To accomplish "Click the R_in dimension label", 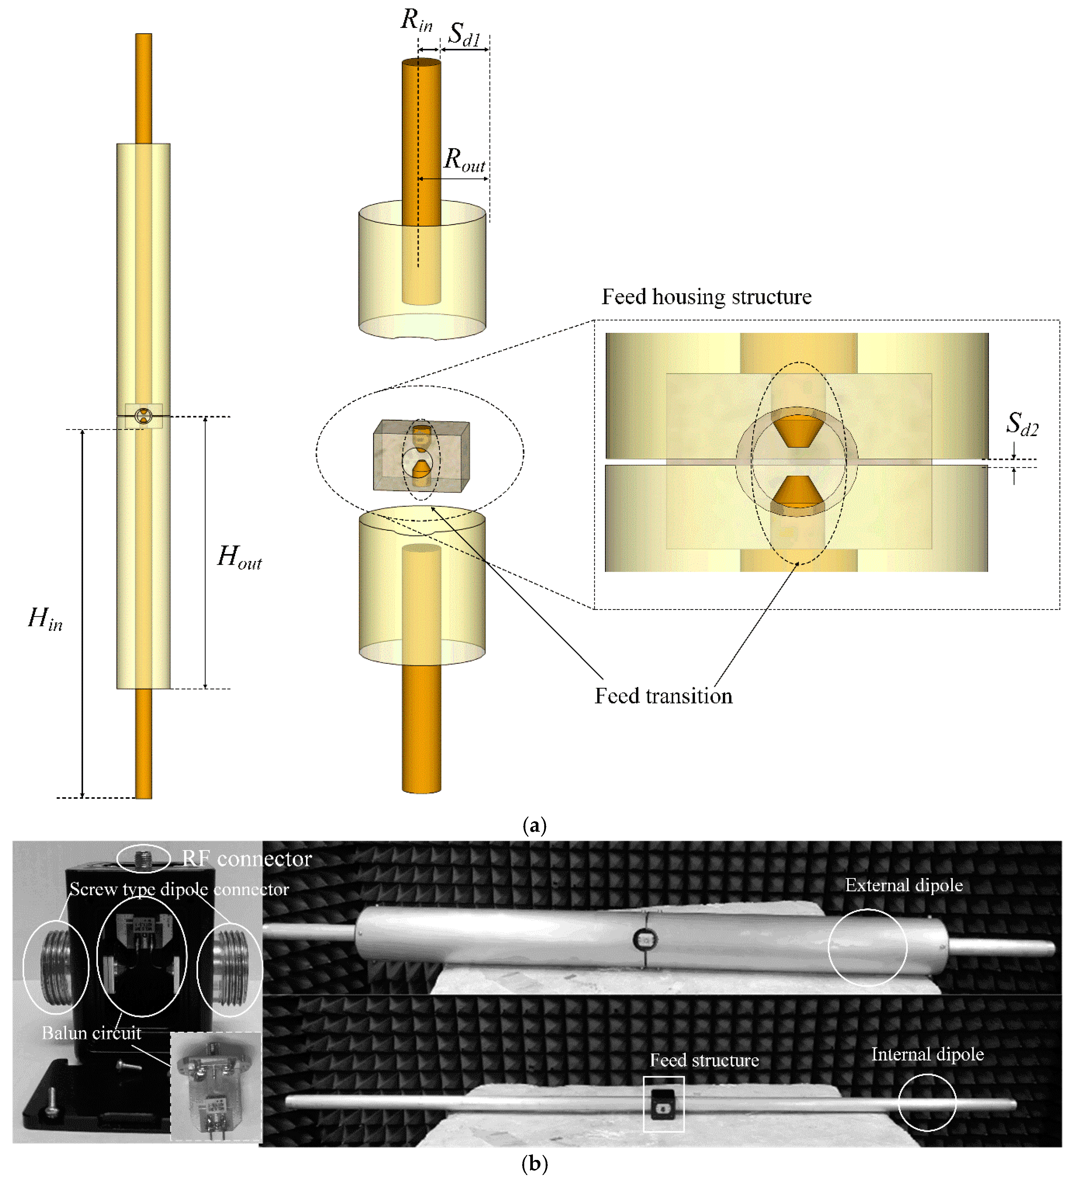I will (x=416, y=21).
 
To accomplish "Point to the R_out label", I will (x=464, y=160).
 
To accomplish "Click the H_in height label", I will (x=45, y=619).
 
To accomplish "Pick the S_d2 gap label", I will (x=1022, y=424).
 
